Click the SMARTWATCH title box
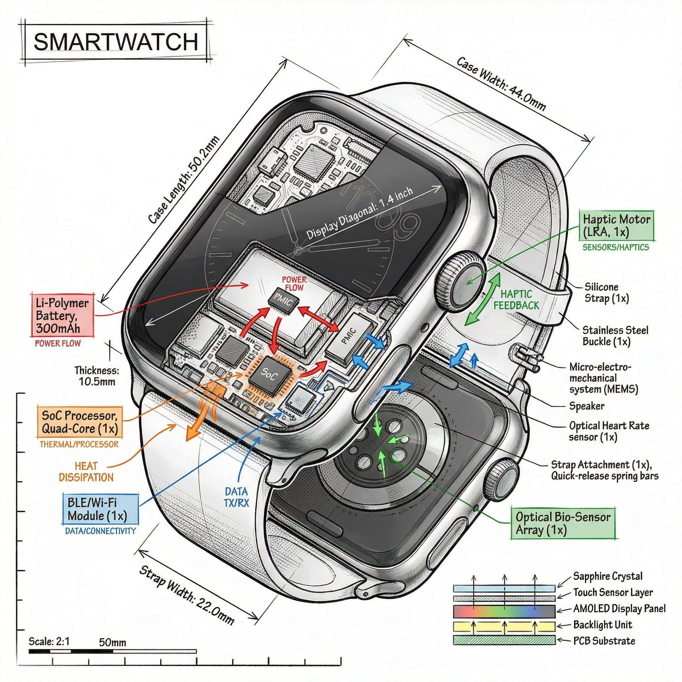pyautogui.click(x=116, y=42)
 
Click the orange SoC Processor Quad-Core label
pyautogui.click(x=80, y=422)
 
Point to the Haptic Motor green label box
pyautogui.click(x=616, y=225)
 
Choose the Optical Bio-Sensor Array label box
pyautogui.click(x=563, y=523)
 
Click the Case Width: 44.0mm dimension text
pyautogui.click(x=501, y=84)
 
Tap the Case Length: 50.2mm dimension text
pyautogui.click(x=183, y=180)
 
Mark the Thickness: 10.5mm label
pyautogui.click(x=97, y=376)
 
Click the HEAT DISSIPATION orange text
pyautogui.click(x=86, y=472)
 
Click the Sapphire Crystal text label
pyautogui.click(x=607, y=576)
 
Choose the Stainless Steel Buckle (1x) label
pyautogui.click(x=615, y=336)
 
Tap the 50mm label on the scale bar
pyautogui.click(x=112, y=642)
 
